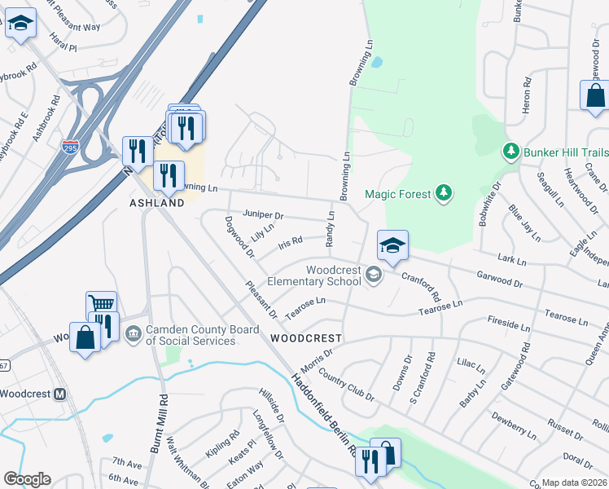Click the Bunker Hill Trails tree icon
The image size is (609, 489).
[x=511, y=152]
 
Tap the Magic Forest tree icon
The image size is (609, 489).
[x=444, y=193]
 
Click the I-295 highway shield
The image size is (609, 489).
[x=70, y=148]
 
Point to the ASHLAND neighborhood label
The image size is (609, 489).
[x=156, y=202]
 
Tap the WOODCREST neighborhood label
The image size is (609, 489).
[x=305, y=337]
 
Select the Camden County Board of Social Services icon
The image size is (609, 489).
[x=134, y=333]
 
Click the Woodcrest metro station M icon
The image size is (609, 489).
[x=59, y=394]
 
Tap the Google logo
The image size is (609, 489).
[x=27, y=478]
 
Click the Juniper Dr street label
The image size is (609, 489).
[x=262, y=215]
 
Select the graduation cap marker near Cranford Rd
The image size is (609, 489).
[x=392, y=245]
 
